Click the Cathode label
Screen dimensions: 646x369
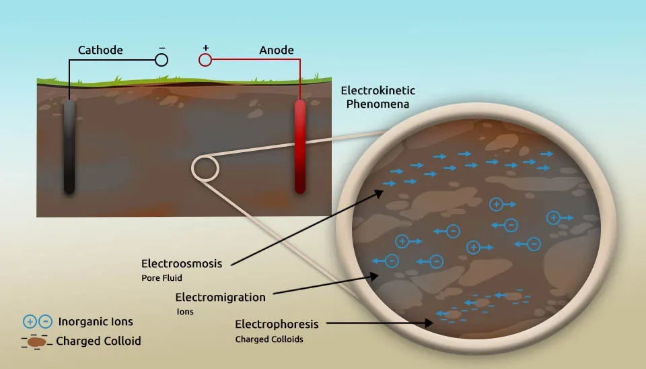(100, 51)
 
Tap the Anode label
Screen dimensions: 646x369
(277, 51)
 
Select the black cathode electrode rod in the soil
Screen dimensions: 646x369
(69, 146)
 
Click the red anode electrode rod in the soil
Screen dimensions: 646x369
(300, 146)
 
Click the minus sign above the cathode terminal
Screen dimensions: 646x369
(162, 48)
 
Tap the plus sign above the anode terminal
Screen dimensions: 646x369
(206, 48)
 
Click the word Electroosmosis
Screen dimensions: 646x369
(182, 264)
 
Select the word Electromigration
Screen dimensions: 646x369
(221, 297)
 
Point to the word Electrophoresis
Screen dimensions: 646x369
(277, 325)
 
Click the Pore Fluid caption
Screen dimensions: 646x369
(161, 278)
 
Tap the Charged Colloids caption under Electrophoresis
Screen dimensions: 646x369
(269, 339)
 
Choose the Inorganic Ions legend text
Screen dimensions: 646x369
(96, 322)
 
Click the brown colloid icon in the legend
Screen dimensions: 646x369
(36, 342)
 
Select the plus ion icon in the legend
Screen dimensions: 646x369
(30, 322)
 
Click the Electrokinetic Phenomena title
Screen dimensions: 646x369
(378, 98)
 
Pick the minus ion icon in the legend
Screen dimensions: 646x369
(45, 322)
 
